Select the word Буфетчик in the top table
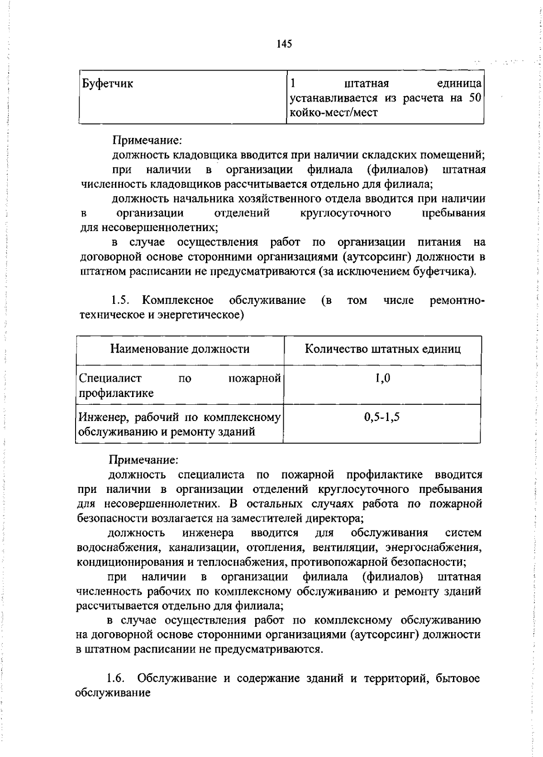pos(108,84)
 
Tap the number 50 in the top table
pos(474,98)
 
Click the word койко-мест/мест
pos(333,113)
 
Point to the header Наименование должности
pos(180,349)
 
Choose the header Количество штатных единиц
pos(383,349)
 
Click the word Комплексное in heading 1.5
pos(178,300)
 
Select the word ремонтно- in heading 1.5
pos(457,300)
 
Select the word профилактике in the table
pos(116,393)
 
